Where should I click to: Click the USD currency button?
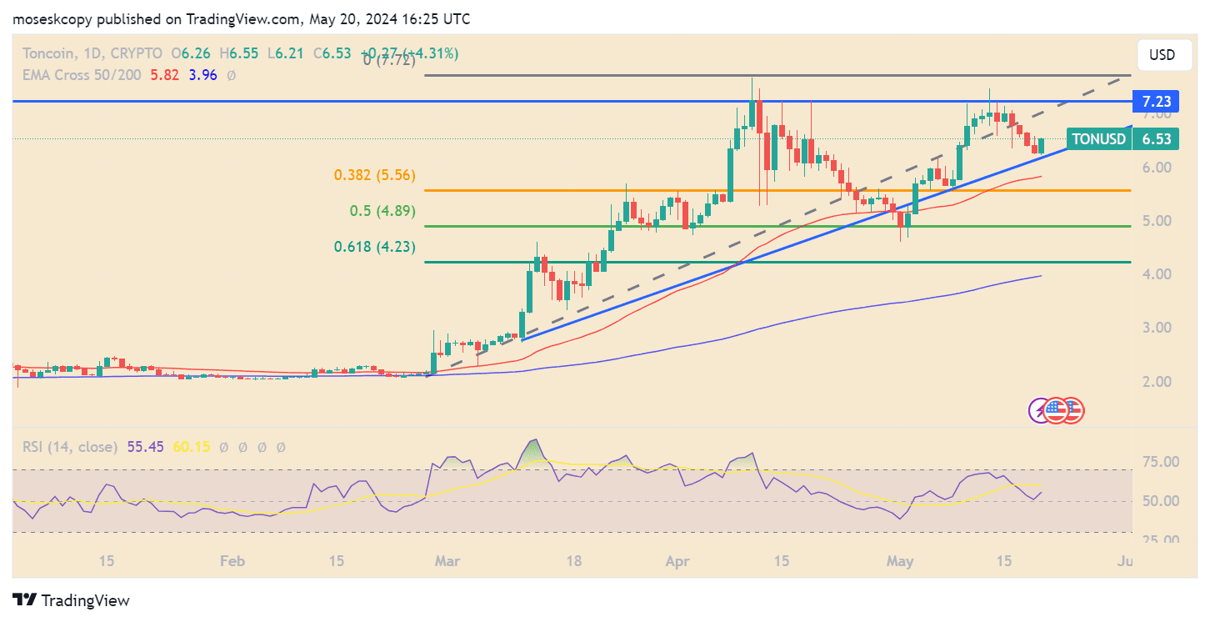point(1162,55)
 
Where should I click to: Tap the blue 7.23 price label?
point(1155,101)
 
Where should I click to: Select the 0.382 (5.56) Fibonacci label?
point(374,175)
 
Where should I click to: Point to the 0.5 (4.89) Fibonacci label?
point(382,211)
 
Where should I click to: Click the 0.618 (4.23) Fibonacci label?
point(374,247)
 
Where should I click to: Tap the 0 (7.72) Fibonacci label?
point(388,60)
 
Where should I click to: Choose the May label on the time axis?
point(899,562)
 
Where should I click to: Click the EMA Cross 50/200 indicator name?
point(81,75)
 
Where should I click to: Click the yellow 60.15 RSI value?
point(192,448)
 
